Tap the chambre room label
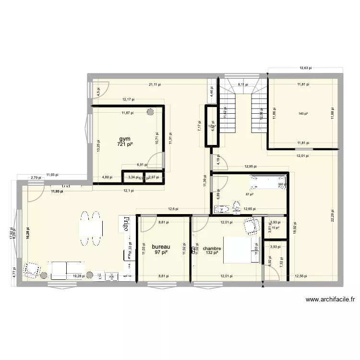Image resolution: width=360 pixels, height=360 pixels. pos(212,248)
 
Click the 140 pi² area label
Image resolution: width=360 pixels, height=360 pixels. pos(303,114)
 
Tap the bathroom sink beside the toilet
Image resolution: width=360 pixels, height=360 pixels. pos(222,209)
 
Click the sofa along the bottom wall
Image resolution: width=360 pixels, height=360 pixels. pos(67,270)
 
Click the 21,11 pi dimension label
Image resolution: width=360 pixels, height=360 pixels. pos(155,84)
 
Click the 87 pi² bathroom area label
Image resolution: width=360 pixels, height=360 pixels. pos(249,194)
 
